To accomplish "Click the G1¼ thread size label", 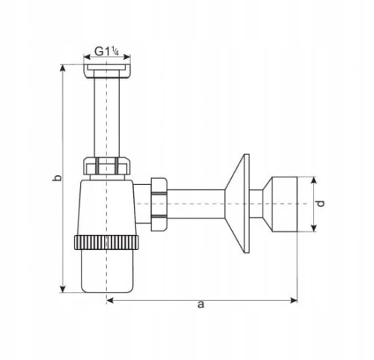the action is pos(107,52).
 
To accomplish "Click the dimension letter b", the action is pos(57,177).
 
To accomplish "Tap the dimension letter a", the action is pos(200,305).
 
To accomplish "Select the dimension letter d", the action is pos(320,204).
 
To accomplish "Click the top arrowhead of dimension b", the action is pos(63,68).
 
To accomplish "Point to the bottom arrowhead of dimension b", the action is pos(63,289).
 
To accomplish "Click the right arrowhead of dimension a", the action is pos(294,300).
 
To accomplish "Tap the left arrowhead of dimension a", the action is pos(110,300).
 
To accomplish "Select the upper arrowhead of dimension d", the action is pos(314,180).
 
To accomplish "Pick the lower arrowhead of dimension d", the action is pos(314,228).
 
